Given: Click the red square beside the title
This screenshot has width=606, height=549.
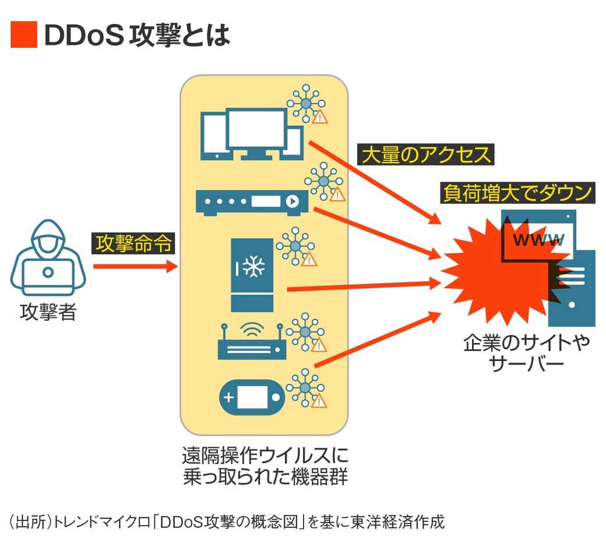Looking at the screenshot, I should pyautogui.click(x=23, y=35).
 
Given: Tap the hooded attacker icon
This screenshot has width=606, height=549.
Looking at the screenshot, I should pyautogui.click(x=48, y=259).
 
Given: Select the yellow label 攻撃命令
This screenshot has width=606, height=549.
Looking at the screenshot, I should pyautogui.click(x=135, y=243).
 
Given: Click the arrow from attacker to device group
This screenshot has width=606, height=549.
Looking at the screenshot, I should pyautogui.click(x=134, y=267).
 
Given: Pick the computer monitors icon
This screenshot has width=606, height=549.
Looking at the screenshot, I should pyautogui.click(x=251, y=133).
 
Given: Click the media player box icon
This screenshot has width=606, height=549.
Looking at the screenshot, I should pyautogui.click(x=251, y=201).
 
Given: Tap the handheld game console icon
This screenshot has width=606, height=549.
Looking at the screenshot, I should pyautogui.click(x=251, y=398).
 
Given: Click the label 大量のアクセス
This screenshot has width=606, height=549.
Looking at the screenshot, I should pyautogui.click(x=425, y=155).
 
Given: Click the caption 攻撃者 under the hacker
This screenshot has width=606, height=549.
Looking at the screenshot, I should pyautogui.click(x=48, y=313).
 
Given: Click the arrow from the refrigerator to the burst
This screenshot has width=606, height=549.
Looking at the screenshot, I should pyautogui.click(x=361, y=285).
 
